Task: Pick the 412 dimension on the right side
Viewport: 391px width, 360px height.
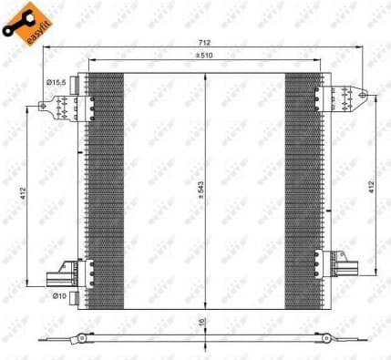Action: point(372,187)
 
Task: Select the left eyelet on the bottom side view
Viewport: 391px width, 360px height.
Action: point(81,338)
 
